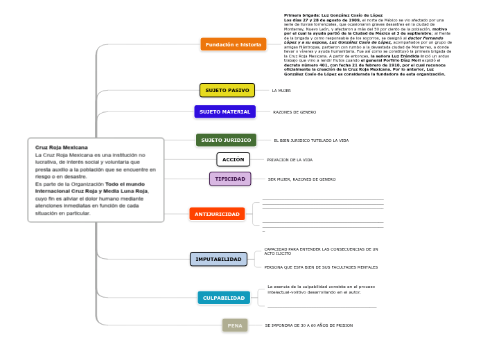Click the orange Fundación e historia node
click(234, 44)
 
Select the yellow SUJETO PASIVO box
click(227, 90)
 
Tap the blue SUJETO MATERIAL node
click(225, 111)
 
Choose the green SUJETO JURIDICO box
click(226, 140)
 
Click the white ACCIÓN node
click(233, 159)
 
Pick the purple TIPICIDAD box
click(230, 179)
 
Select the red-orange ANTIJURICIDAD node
click(217, 214)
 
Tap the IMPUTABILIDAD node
click(218, 259)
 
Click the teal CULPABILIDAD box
click(224, 298)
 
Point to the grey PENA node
click(235, 325)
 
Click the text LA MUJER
click(281, 91)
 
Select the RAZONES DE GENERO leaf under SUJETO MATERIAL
click(295, 112)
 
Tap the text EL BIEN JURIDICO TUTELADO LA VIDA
click(311, 141)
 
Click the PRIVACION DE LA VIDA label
click(290, 160)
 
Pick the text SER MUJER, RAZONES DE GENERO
click(302, 179)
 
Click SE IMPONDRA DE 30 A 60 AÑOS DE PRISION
click(309, 325)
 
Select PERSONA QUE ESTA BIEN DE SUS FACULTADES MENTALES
click(321, 267)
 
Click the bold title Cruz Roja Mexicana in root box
click(62, 147)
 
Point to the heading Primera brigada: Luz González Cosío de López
click(324, 15)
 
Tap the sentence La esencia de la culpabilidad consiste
click(321, 287)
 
